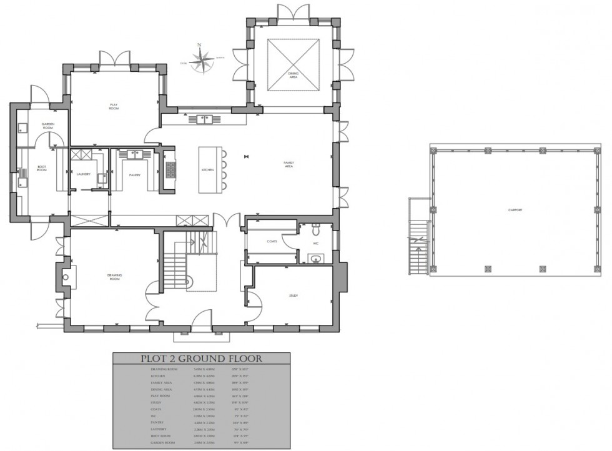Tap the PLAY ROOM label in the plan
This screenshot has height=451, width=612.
point(114,107)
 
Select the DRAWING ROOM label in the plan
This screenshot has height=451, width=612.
point(114,276)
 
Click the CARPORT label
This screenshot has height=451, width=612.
point(515,210)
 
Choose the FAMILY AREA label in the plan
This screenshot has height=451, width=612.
point(289,164)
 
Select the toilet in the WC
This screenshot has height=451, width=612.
point(315,227)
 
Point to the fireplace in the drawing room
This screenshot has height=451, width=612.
point(66,274)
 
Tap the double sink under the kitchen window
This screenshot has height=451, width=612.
point(206,119)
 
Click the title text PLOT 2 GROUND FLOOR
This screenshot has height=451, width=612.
point(201,359)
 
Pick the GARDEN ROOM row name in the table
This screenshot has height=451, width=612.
point(164,443)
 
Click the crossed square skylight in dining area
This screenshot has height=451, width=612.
point(292,66)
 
